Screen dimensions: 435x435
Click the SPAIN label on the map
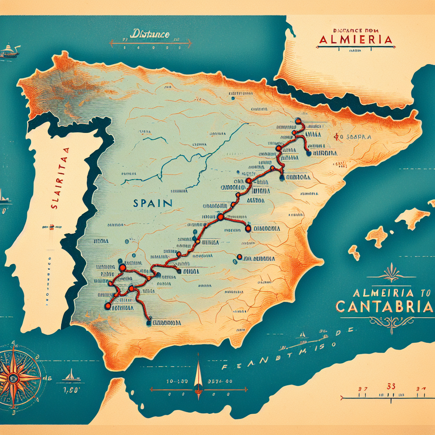click(x=153, y=203)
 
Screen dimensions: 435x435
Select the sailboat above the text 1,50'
click(x=71, y=375)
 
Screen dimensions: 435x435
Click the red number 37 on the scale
click(x=362, y=387)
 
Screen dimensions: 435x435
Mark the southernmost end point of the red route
click(x=149, y=322)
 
